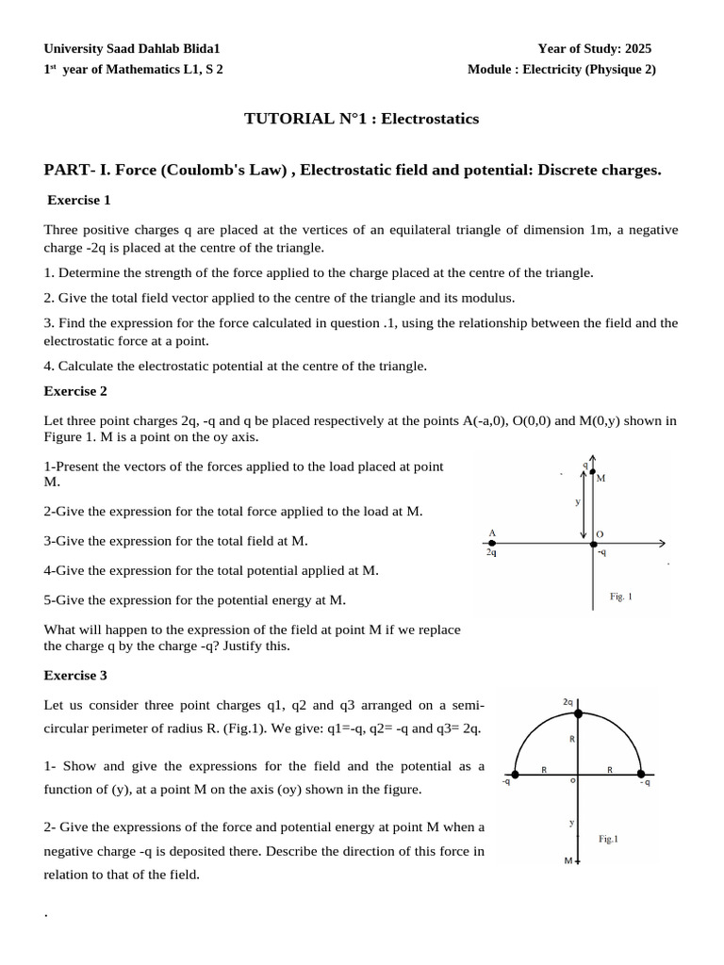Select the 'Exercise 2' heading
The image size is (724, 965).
pyautogui.click(x=76, y=391)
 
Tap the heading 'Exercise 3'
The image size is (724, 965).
pyautogui.click(x=76, y=676)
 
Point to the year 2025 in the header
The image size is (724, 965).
pyautogui.click(x=635, y=48)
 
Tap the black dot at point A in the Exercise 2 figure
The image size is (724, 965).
pyautogui.click(x=491, y=543)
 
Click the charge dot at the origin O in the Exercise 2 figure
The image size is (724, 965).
pyautogui.click(x=593, y=543)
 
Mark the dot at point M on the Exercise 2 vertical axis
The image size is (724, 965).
pyautogui.click(x=592, y=471)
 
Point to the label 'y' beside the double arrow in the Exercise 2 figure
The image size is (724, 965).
pyautogui.click(x=577, y=502)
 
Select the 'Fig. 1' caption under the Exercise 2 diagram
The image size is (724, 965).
pyautogui.click(x=621, y=597)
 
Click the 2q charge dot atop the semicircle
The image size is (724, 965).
pyautogui.click(x=578, y=714)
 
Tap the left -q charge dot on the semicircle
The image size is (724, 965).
pyautogui.click(x=515, y=777)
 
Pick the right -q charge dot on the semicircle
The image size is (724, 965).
pyautogui.click(x=641, y=777)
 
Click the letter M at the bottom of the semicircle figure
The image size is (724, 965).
pyautogui.click(x=568, y=861)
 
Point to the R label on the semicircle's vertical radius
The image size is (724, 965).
pyautogui.click(x=572, y=740)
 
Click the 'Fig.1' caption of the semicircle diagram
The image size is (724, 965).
pyautogui.click(x=609, y=838)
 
